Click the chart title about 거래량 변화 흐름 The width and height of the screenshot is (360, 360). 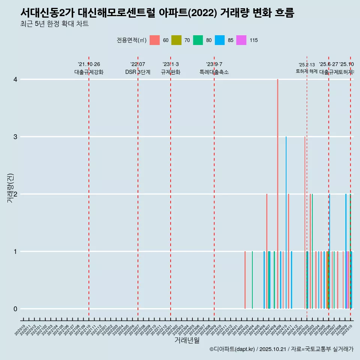click(157, 13)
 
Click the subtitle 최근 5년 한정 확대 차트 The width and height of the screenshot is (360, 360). click(54, 24)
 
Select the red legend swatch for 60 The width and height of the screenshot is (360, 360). click(154, 40)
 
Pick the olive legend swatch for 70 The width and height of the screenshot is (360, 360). click(176, 40)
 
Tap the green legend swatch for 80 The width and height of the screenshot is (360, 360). click(198, 40)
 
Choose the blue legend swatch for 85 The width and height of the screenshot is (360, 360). click(220, 40)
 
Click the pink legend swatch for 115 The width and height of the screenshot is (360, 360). click(241, 40)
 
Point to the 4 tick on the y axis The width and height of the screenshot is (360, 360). click(15, 79)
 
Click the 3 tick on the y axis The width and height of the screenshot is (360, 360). click(15, 137)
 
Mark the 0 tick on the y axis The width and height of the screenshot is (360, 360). click(15, 309)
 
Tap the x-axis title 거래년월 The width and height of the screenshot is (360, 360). click(187, 340)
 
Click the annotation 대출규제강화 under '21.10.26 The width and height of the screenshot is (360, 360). click(89, 72)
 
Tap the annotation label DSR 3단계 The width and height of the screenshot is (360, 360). click(138, 72)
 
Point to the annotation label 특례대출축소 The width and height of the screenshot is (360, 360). click(214, 72)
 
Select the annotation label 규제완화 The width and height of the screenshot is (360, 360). click(171, 72)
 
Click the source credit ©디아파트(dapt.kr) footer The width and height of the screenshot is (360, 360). click(281, 349)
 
